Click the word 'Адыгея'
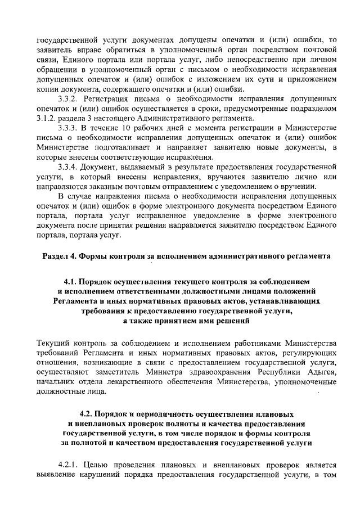321,373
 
